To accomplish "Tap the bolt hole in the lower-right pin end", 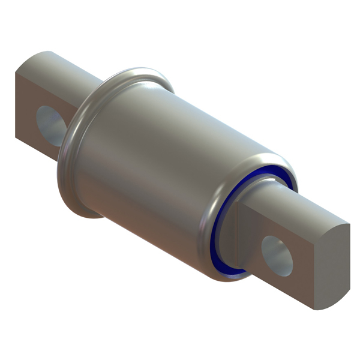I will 277,255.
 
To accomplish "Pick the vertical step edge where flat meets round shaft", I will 240,234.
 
